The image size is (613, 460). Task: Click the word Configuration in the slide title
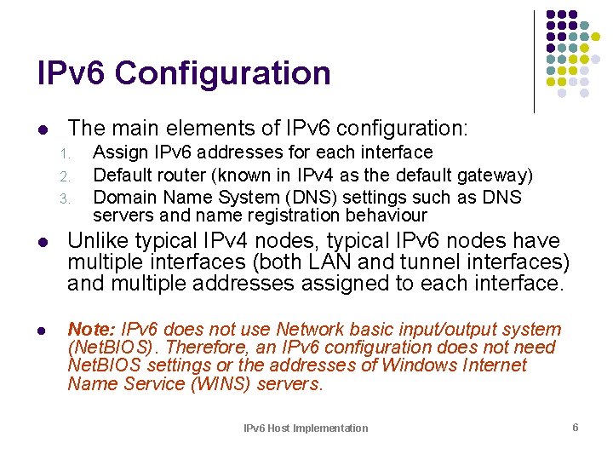click(223, 73)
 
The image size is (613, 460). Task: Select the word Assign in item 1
click(117, 152)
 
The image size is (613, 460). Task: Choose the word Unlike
click(95, 241)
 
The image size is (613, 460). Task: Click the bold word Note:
click(92, 330)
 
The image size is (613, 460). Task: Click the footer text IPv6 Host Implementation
click(306, 428)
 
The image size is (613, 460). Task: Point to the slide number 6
click(576, 427)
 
